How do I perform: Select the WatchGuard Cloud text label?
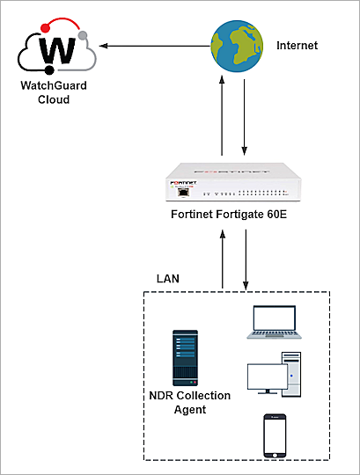coord(55,92)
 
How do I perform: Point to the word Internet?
coord(298,44)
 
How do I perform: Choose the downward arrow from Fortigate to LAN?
coord(245,260)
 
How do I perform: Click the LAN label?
coord(168,278)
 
